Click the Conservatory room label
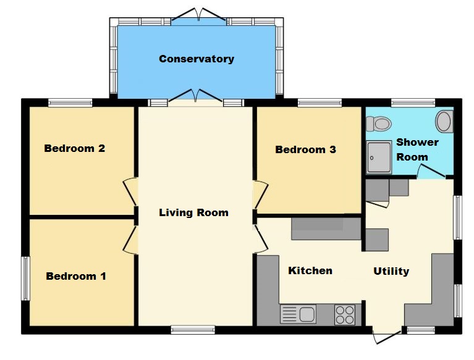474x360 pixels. tap(197, 59)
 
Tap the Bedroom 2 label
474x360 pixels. tap(75, 148)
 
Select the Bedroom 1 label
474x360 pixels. tap(76, 276)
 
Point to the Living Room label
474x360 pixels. tap(194, 213)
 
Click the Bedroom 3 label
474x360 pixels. tap(306, 149)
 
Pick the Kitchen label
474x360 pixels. tap(310, 270)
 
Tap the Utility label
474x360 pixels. tap(391, 271)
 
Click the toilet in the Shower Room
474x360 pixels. tap(379, 124)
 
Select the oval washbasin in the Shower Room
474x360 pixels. tap(444, 122)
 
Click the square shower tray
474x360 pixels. tap(379, 157)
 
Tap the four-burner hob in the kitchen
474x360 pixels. tap(345, 315)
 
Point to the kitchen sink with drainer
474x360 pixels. tap(298, 314)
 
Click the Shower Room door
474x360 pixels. tap(431, 170)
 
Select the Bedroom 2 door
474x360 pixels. tap(130, 191)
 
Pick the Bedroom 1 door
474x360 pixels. tap(130, 240)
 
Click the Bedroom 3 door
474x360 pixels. tap(261, 195)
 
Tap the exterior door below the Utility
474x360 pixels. tap(387, 337)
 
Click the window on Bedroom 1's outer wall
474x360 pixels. tap(26, 278)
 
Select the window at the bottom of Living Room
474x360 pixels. tap(193, 330)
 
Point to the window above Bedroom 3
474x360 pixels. tap(320, 103)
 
